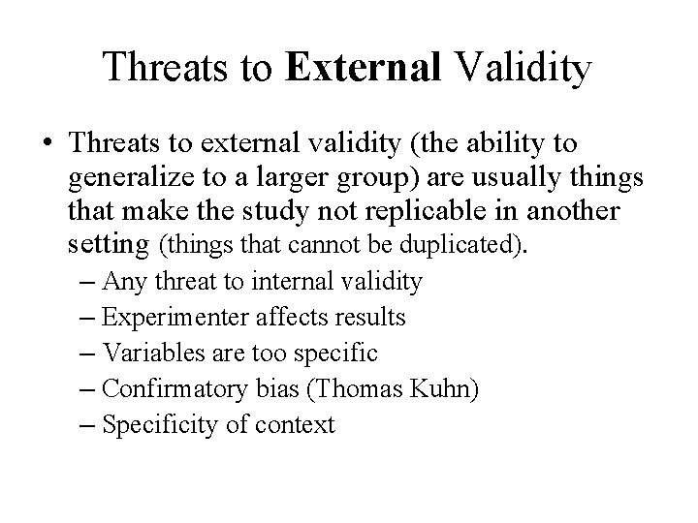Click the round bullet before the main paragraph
tap(46, 145)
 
